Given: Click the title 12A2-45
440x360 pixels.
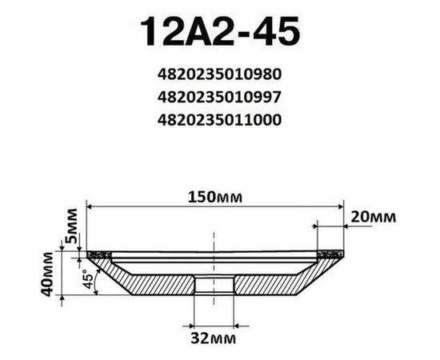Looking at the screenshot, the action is (x=220, y=31).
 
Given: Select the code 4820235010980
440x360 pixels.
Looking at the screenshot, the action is (x=219, y=74).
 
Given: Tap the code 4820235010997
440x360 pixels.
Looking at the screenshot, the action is (x=219, y=98).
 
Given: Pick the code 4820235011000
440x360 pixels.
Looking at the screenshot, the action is (x=219, y=120).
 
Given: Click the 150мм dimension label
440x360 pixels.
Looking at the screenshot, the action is (x=215, y=197).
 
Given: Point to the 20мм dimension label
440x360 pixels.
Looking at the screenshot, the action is (x=374, y=217).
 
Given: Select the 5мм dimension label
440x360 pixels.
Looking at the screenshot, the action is (x=70, y=226).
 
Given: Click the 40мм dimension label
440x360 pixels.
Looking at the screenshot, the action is (x=47, y=274).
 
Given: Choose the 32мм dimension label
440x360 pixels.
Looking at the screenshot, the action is (x=214, y=338).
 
